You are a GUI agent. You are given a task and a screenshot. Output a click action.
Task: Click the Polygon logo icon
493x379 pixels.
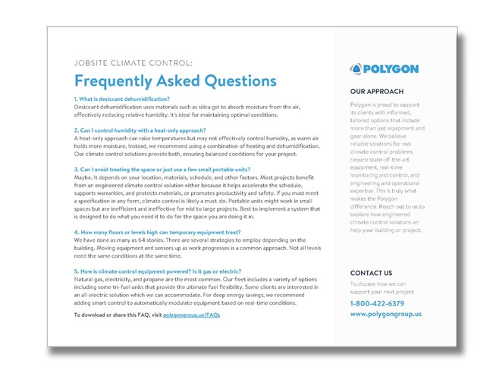356,68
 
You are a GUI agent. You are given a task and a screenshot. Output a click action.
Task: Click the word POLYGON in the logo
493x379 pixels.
390,68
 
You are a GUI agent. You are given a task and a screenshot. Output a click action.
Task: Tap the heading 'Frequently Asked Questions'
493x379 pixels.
175,80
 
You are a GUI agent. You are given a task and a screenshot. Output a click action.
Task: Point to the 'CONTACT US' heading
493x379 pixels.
371,272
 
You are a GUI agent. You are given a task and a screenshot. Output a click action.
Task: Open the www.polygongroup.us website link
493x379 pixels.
386,314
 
